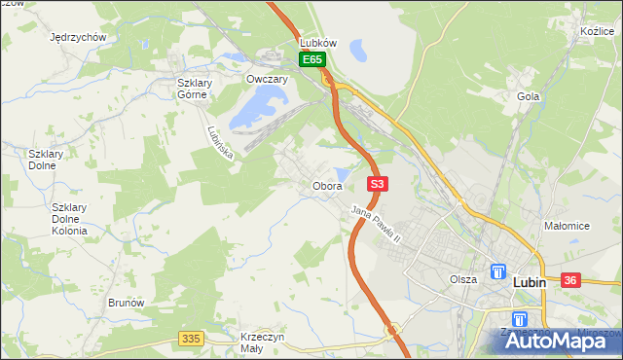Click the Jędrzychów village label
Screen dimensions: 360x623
pos(78,37)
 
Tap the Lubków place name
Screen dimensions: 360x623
pos(318,44)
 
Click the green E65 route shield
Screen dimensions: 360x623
pos(311,60)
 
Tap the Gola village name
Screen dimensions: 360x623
pos(529,97)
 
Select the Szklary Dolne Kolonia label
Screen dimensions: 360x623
pos(69,219)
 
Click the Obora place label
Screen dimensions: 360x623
pos(327,185)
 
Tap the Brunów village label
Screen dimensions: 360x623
pos(127,303)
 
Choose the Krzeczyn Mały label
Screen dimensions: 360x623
pos(262,342)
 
